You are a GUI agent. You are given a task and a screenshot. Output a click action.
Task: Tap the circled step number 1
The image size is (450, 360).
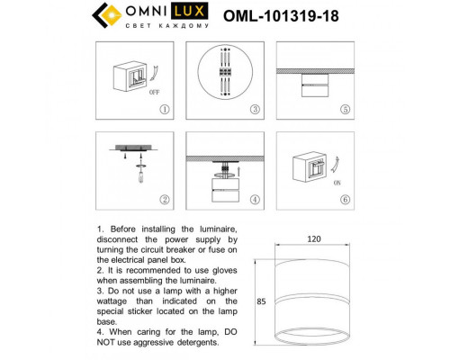pos(164,109)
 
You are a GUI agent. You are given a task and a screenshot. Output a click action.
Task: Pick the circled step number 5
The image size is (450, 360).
pos(345,109)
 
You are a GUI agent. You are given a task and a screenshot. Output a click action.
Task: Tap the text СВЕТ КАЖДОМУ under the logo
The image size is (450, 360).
pos(164,27)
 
